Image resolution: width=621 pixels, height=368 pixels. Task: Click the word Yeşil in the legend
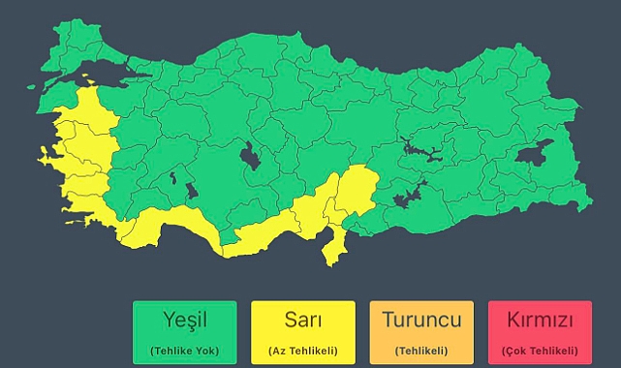click(x=185, y=321)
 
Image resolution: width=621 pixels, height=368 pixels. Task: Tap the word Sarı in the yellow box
click(x=303, y=321)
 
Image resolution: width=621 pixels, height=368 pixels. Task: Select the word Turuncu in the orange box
click(x=421, y=321)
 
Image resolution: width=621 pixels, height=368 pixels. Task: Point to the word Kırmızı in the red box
click(x=541, y=321)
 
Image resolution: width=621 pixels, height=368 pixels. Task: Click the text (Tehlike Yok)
click(x=185, y=350)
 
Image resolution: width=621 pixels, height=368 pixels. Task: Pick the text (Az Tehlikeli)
click(x=303, y=350)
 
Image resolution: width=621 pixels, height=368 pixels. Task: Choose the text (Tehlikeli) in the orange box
click(x=421, y=350)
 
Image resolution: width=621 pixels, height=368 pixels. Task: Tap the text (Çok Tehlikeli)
click(x=541, y=350)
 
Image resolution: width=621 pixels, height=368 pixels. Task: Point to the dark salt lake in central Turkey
click(x=250, y=156)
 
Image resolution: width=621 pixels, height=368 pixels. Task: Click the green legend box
click(x=185, y=332)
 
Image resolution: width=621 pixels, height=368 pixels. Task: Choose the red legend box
click(x=541, y=332)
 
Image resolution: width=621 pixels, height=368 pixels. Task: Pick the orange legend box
click(x=421, y=332)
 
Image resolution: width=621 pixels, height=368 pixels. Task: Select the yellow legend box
click(x=303, y=332)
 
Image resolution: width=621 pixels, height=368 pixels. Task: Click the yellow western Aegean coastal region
click(x=82, y=155)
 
